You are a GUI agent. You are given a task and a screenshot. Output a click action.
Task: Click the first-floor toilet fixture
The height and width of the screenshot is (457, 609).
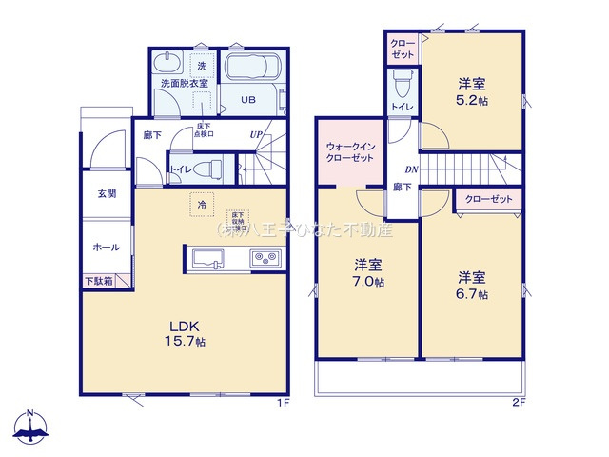pos(212,169)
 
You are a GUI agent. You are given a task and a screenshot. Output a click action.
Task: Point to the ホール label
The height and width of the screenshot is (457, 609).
pos(106,247)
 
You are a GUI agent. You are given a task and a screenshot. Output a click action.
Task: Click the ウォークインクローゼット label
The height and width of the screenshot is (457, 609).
pos(351,153)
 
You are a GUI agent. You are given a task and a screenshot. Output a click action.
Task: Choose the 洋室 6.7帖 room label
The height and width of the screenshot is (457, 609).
pos(472,286)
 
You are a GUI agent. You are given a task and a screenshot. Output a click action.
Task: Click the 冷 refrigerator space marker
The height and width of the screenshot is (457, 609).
pos(202,204)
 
